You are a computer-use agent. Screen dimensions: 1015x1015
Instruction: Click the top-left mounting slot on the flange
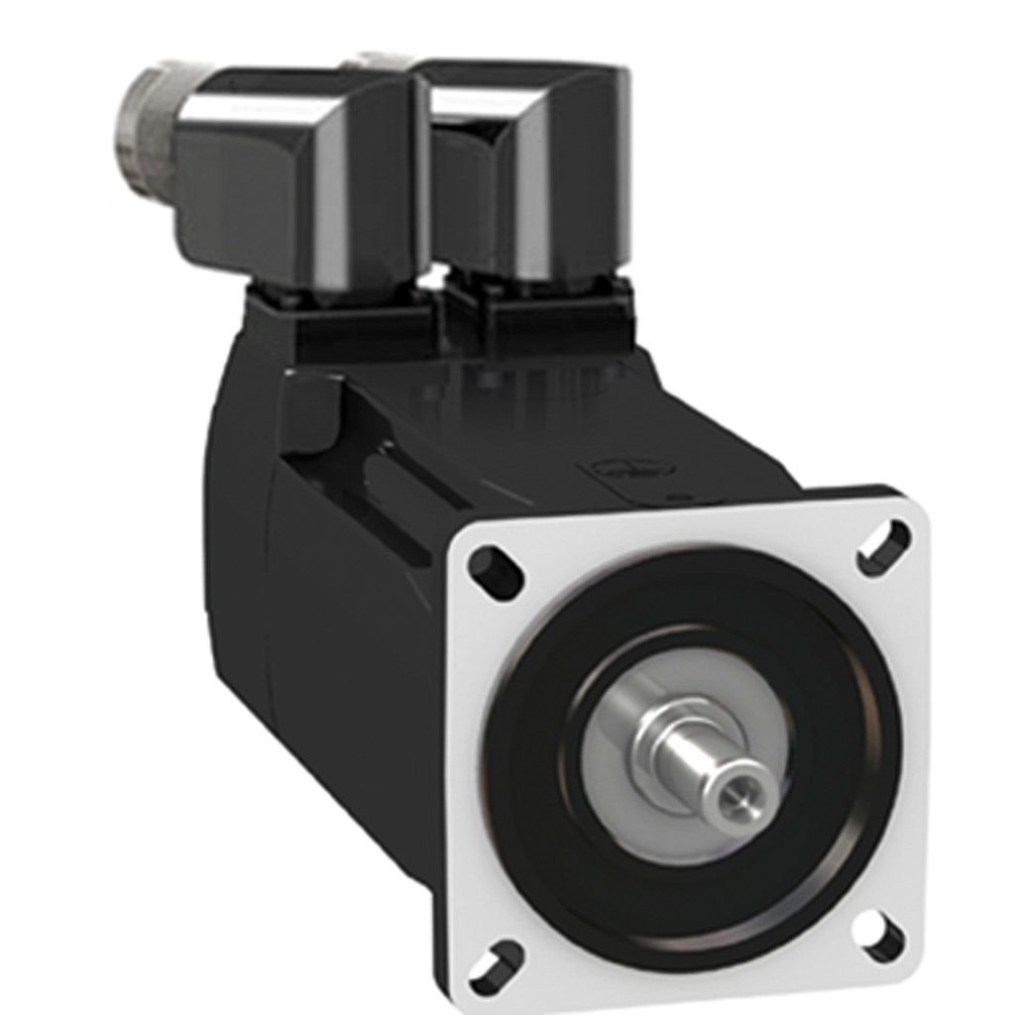[496, 572]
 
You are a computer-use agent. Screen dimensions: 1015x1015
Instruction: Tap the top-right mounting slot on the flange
[883, 547]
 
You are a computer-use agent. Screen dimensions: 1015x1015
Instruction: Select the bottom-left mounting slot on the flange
[497, 965]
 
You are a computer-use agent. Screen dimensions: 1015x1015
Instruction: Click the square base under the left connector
[337, 317]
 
